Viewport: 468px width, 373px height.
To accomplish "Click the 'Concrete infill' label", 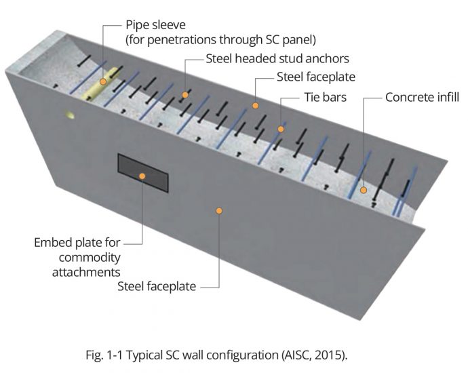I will click(x=422, y=98).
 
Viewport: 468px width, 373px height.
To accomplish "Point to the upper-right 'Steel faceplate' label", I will click(x=315, y=77).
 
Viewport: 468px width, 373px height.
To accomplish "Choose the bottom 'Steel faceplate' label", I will click(x=157, y=286).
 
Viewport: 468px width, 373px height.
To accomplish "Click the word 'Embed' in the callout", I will click(x=52, y=242).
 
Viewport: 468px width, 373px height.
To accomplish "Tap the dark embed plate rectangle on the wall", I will click(x=143, y=173).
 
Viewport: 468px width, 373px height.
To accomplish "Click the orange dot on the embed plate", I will click(x=143, y=176).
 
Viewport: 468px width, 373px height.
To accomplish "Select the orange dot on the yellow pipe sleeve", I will click(x=103, y=81).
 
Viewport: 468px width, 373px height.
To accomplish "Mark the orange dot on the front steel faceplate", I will click(x=218, y=211).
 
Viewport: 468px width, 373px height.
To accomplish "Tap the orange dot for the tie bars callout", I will click(x=280, y=127).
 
